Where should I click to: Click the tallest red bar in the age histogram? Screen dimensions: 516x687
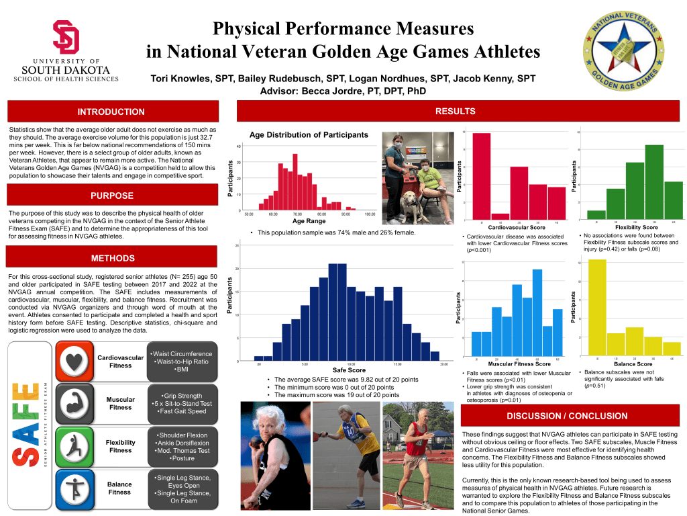pos(295,182)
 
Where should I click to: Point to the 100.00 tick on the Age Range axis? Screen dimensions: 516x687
pos(370,214)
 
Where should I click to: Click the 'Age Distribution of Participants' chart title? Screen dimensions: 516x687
pos(309,135)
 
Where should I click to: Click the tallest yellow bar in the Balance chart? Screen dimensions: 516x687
pos(596,306)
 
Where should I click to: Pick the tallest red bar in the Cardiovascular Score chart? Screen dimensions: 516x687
pos(482,176)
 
